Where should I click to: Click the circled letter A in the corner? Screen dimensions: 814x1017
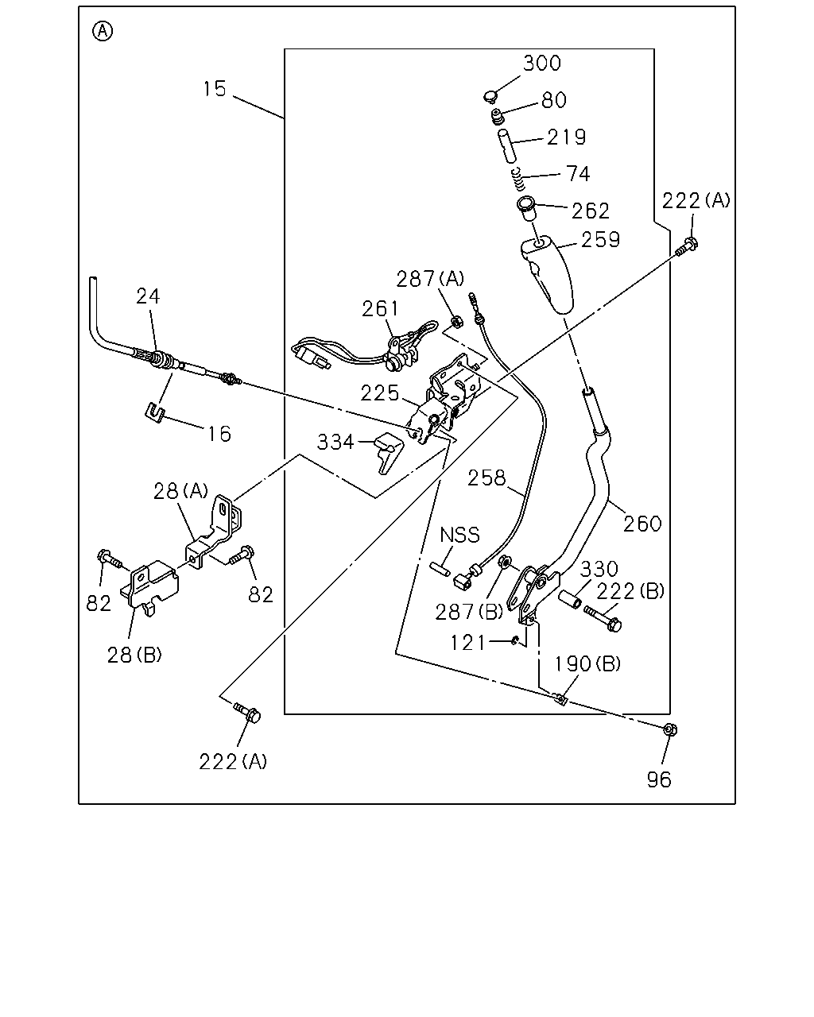[x=103, y=32]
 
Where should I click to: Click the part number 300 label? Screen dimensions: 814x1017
[x=542, y=63]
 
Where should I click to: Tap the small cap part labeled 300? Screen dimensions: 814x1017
[x=490, y=97]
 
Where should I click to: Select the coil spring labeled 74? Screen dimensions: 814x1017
[x=519, y=179]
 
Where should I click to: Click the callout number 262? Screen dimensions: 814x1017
[x=591, y=211]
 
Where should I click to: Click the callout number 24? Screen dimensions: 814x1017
[x=148, y=296]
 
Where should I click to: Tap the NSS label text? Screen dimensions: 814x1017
[x=459, y=535]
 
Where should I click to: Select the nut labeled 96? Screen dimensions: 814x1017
[x=670, y=729]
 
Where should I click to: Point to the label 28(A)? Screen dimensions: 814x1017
[x=180, y=491]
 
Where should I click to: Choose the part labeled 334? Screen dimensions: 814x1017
[x=390, y=452]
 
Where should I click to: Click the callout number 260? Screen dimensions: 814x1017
[x=642, y=524]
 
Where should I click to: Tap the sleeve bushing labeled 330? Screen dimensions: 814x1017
[x=570, y=599]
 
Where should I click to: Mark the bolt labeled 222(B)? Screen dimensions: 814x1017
[x=603, y=619]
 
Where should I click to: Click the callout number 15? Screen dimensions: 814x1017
[x=215, y=89]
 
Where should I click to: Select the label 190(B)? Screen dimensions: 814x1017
[x=587, y=664]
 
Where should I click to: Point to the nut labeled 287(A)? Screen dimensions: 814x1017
[x=456, y=322]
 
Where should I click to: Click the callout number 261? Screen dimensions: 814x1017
[x=381, y=309]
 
